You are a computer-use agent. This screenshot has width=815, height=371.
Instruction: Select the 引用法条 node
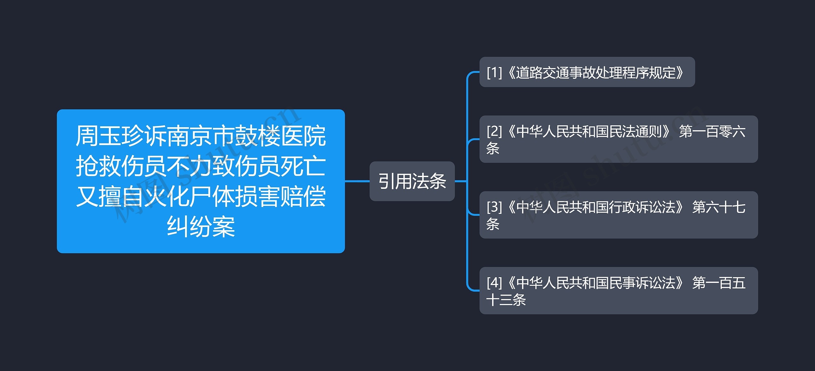click(412, 181)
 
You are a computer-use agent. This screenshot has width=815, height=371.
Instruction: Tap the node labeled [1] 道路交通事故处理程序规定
click(587, 72)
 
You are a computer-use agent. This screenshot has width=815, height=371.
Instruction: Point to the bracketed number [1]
click(494, 72)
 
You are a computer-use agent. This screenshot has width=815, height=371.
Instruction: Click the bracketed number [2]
click(494, 131)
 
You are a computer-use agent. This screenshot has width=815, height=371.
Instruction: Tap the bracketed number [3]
click(494, 207)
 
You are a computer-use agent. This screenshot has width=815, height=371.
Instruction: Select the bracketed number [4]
click(494, 283)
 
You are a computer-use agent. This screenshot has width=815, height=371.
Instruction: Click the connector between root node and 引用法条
click(357, 181)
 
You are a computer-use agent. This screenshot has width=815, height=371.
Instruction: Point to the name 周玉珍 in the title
click(110, 136)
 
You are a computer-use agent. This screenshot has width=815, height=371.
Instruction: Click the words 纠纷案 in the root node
click(201, 227)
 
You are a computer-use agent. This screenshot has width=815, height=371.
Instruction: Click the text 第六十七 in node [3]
click(719, 207)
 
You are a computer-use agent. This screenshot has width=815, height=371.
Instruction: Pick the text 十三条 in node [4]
click(506, 300)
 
